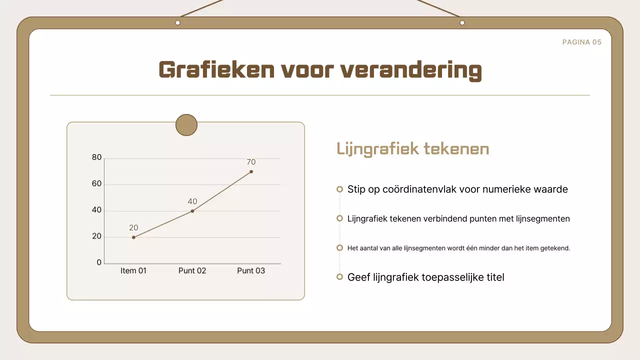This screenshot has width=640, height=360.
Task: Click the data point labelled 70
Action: pyautogui.click(x=251, y=171)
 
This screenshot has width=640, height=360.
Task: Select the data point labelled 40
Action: pyautogui.click(x=192, y=211)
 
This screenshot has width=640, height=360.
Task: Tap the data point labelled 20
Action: pyautogui.click(x=133, y=237)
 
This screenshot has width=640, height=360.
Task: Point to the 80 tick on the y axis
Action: pyautogui.click(x=96, y=157)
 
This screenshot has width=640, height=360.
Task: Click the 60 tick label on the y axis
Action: pyautogui.click(x=96, y=184)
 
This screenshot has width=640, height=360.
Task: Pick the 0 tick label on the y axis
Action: pyautogui.click(x=99, y=262)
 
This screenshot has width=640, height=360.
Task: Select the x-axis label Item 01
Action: pyautogui.click(x=133, y=271)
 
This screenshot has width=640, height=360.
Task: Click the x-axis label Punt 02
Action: pyautogui.click(x=192, y=271)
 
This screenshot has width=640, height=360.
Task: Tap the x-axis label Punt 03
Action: pyautogui.click(x=251, y=271)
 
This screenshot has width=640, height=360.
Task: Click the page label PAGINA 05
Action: pyautogui.click(x=581, y=42)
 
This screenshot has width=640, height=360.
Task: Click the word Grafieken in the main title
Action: pyautogui.click(x=216, y=70)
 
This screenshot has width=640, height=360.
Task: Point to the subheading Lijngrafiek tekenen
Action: pyautogui.click(x=412, y=149)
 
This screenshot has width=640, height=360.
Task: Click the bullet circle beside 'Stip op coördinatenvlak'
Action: pyautogui.click(x=339, y=189)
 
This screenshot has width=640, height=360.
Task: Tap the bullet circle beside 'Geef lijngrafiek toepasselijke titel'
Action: pyautogui.click(x=339, y=277)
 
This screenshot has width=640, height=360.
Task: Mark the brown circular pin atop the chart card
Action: pyautogui.click(x=186, y=125)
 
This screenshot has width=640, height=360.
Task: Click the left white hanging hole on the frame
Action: pyautogui.click(x=177, y=23)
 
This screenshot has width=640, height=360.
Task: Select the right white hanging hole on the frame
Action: pyautogui.click(x=462, y=23)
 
